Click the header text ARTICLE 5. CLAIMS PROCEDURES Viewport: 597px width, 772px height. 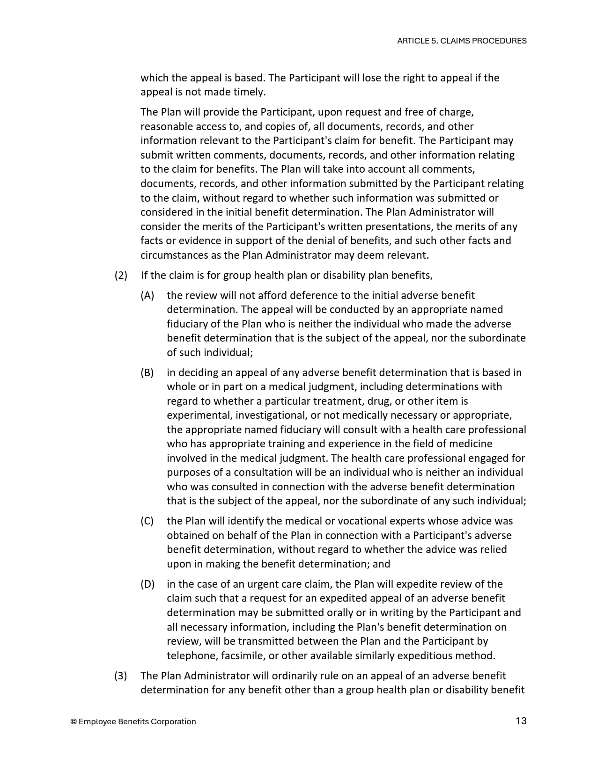pyautogui.click(x=462, y=41)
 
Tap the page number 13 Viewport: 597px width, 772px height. pyautogui.click(x=521, y=721)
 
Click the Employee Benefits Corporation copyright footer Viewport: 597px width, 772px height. pyautogui.click(x=133, y=721)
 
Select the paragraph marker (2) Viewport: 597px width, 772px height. pyautogui.click(x=121, y=275)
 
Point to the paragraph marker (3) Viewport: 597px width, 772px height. pyautogui.click(x=121, y=676)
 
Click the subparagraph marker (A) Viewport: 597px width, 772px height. pyautogui.click(x=147, y=295)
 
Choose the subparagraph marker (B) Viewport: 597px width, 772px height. pyautogui.click(x=147, y=372)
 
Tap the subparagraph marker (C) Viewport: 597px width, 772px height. pyautogui.click(x=147, y=521)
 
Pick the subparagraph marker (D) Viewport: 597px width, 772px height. pyautogui.click(x=147, y=584)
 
